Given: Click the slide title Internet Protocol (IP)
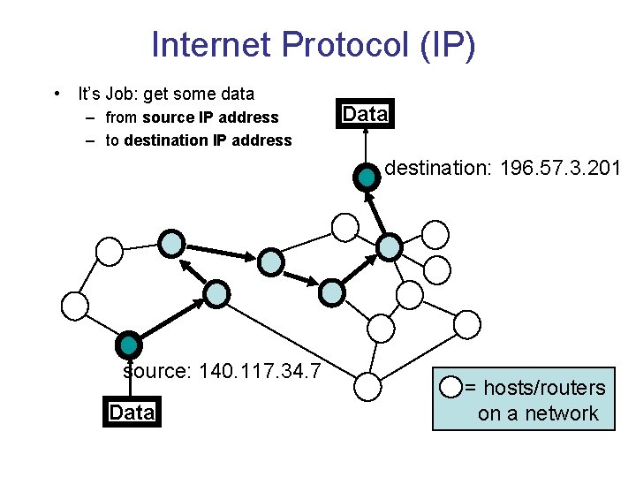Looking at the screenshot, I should click(x=314, y=44).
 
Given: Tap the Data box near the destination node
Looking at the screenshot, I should click(x=365, y=114).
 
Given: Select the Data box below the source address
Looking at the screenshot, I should click(x=132, y=413).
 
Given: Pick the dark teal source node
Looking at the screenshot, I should click(x=130, y=345).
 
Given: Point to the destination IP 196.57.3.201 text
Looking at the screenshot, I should click(x=503, y=168).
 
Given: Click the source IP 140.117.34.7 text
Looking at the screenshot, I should click(x=222, y=370).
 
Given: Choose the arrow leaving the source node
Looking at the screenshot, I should click(x=173, y=319).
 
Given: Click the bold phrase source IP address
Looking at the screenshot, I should click(x=210, y=117).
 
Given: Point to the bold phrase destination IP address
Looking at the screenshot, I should click(x=208, y=140).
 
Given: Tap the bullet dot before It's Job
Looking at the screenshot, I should click(x=57, y=94).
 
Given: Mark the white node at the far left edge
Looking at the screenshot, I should click(x=74, y=306).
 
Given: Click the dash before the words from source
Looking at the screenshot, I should click(x=92, y=117).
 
